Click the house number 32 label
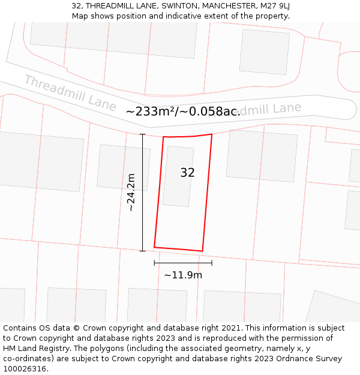click(187, 173)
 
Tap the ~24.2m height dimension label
click(130, 192)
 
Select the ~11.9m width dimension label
click(183, 275)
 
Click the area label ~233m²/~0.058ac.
click(183, 111)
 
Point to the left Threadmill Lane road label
click(70, 93)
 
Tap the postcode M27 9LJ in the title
click(275, 6)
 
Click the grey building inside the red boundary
click(178, 176)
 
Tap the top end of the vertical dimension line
click(142, 134)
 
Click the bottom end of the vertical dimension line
click(142, 251)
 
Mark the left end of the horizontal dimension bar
click(155, 263)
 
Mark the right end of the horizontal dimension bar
click(212, 263)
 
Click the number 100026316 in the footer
click(24, 369)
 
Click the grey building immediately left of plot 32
click(123, 167)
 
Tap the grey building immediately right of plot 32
click(262, 155)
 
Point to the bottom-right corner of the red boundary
click(202, 251)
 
